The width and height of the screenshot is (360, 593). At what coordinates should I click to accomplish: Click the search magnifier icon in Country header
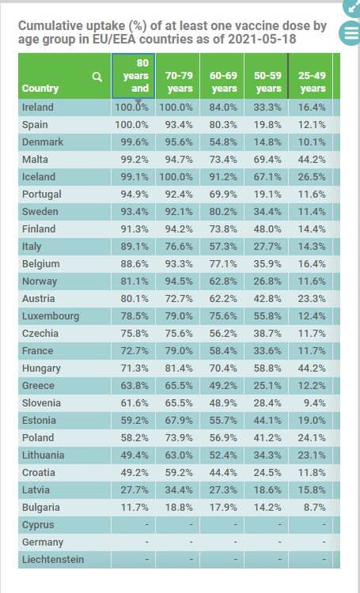point(97,77)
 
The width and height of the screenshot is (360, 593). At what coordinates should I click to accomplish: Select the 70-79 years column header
point(179,81)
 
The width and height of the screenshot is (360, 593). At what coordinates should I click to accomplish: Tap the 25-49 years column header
point(312,81)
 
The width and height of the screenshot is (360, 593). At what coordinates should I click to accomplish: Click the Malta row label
point(35,159)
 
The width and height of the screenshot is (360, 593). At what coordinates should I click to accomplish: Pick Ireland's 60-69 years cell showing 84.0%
point(223,107)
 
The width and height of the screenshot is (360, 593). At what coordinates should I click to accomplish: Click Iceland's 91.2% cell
point(223,176)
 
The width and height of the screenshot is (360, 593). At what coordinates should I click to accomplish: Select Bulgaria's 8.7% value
point(315,507)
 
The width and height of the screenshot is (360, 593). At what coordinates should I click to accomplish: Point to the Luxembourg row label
point(51,315)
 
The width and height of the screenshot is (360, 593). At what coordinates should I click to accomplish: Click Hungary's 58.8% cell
point(267,368)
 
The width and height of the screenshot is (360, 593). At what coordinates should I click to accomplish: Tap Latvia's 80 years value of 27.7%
point(135,489)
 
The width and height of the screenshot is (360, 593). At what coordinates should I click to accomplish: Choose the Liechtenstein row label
point(53,559)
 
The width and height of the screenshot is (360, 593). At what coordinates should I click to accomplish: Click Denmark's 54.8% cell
point(223,142)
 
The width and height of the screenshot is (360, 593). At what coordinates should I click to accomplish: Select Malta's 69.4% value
point(267,159)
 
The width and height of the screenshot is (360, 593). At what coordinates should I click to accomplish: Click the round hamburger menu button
point(351,32)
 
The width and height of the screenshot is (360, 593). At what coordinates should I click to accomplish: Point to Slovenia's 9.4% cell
point(315,402)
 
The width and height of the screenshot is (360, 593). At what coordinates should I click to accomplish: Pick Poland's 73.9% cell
point(179,437)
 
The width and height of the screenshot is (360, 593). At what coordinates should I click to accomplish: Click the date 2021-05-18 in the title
point(263,39)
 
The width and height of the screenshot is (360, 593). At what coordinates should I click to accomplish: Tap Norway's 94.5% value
point(179,281)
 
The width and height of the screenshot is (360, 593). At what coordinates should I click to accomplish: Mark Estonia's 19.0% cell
point(312,420)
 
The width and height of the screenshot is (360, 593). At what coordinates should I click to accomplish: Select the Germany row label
point(43,542)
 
